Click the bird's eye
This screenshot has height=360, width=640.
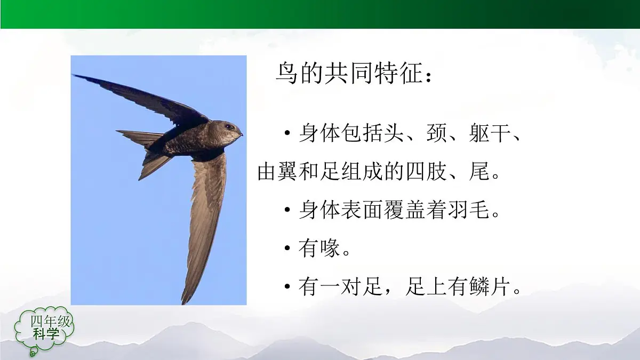228,127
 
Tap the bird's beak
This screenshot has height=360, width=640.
241,133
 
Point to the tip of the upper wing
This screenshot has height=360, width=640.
75,76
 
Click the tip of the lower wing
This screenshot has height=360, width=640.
184,302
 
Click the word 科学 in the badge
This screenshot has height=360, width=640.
46,334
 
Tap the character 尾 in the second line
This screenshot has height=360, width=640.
478,172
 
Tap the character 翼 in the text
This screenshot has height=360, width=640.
291,172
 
